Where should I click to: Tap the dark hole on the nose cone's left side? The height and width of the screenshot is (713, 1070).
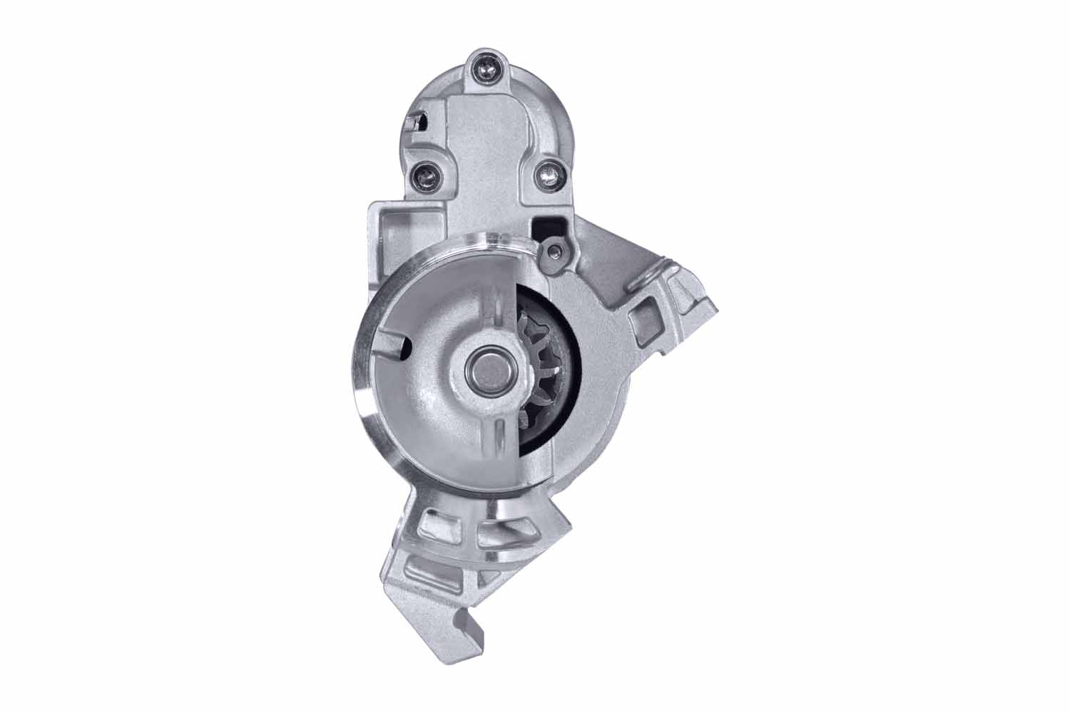404,344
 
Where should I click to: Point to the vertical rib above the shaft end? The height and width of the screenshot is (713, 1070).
491,314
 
